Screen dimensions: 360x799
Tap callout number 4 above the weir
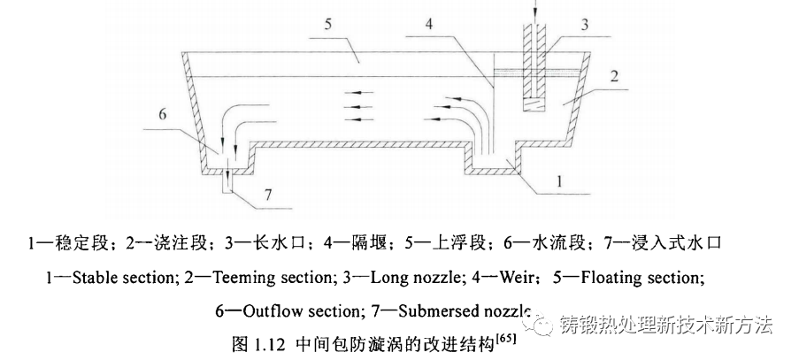[428, 24]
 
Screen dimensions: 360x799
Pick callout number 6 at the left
[161, 114]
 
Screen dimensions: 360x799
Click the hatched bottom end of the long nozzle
[534, 105]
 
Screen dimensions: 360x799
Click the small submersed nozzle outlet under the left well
[227, 180]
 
